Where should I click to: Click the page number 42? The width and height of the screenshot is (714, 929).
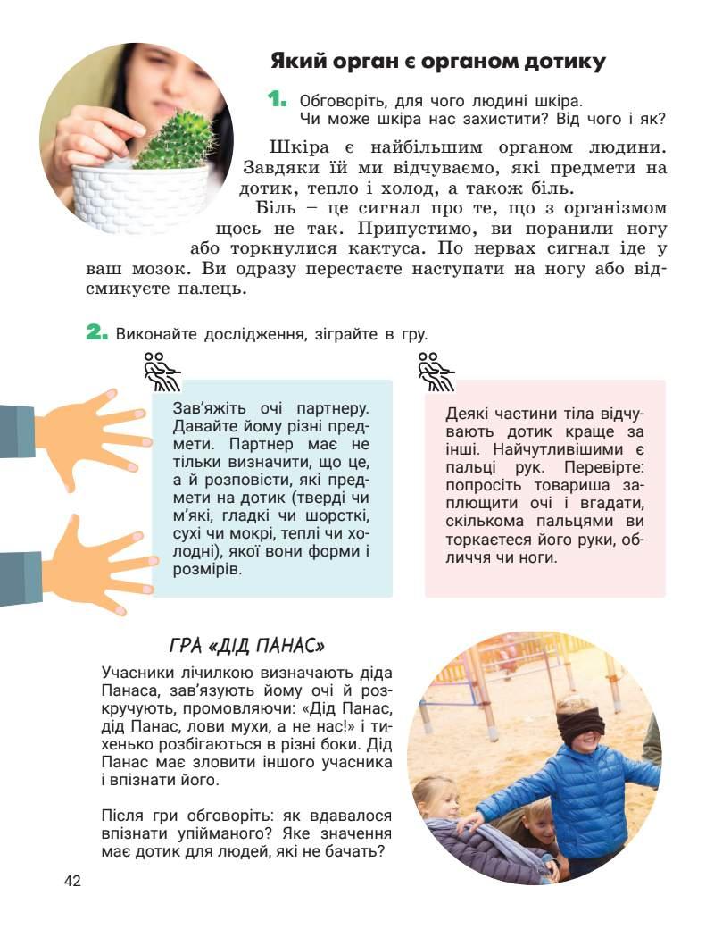[72, 882]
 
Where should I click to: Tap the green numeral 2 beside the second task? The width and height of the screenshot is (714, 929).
[97, 332]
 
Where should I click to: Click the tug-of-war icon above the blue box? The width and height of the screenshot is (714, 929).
[162, 371]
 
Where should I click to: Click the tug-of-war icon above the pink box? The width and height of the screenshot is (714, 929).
[436, 371]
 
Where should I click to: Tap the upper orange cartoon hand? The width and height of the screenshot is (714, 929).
[89, 430]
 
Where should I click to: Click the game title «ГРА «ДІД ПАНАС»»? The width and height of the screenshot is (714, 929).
[245, 645]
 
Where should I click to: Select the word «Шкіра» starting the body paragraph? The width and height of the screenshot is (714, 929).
[298, 146]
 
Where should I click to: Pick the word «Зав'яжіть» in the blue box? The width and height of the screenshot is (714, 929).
[211, 407]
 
